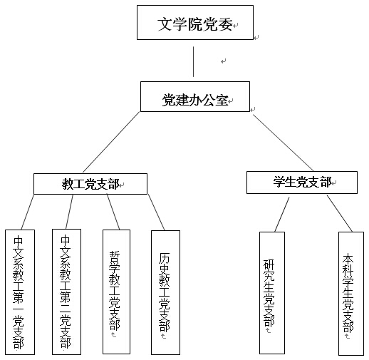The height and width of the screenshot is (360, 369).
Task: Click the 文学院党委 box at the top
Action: pyautogui.click(x=195, y=23)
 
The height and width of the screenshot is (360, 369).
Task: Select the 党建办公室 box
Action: pyautogui.click(x=195, y=96)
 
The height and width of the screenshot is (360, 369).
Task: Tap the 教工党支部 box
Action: pyautogui.click(x=90, y=184)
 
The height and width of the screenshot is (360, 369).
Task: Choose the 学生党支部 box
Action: pyautogui.click(x=302, y=182)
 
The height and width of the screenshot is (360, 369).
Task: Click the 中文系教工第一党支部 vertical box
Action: pyautogui.click(x=20, y=292)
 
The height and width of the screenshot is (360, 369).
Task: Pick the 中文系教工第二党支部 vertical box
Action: pyautogui.click(x=66, y=292)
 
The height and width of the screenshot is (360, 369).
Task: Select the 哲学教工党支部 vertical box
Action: pyautogui.click(x=116, y=292)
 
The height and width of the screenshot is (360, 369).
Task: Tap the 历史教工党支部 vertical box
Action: pyautogui.click(x=165, y=292)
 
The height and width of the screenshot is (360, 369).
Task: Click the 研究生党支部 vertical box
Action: pyautogui.click(x=272, y=293)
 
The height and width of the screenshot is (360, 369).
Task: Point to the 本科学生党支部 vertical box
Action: pyautogui.click(x=351, y=294)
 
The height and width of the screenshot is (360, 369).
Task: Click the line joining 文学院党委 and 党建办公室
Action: pyautogui.click(x=193, y=61)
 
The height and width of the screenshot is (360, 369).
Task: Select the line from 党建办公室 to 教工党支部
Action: pyautogui.click(x=111, y=142)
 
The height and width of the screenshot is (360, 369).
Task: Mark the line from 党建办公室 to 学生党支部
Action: pyautogui.click(x=283, y=143)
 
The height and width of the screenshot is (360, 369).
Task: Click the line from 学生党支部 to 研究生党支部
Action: pyautogui.click(x=282, y=215)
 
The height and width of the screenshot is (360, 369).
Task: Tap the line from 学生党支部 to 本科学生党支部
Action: pyautogui.click(x=340, y=213)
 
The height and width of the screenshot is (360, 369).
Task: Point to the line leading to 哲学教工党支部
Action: pyautogui.click(x=113, y=212)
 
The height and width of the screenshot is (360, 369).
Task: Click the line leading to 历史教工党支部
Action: pyautogui.click(x=157, y=212)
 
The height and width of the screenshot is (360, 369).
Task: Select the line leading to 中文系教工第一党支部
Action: pyautogui.click(x=27, y=212)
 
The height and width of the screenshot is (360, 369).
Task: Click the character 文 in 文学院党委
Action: pyautogui.click(x=165, y=24)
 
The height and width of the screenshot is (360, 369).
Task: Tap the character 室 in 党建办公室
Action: pyautogui.click(x=222, y=100)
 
